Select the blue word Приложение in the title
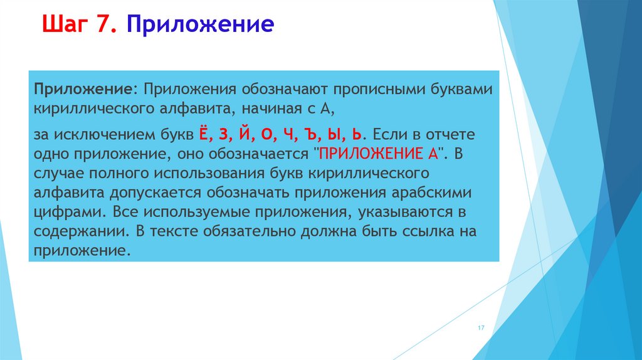200,25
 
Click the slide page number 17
481,329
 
